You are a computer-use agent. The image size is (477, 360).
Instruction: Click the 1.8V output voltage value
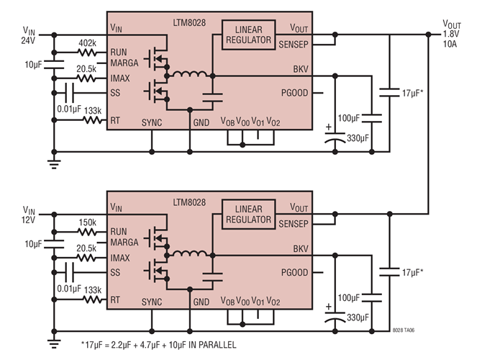pos(451,34)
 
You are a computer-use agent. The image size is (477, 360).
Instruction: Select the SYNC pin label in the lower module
pos(152,302)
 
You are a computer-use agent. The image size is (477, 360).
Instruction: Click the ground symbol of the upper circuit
pos(53,164)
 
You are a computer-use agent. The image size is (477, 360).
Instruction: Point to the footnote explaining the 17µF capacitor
pos(158,346)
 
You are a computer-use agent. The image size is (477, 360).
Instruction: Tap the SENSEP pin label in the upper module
pos(294,44)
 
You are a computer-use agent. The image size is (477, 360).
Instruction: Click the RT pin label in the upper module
pos(115,122)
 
